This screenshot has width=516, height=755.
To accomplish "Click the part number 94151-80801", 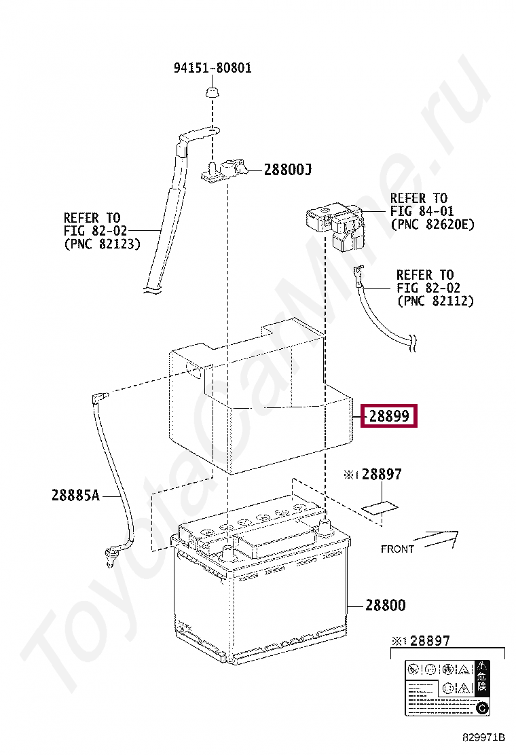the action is (x=213, y=68).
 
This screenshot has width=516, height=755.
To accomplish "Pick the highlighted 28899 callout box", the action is (x=390, y=416).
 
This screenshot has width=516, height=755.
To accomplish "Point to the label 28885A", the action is (x=75, y=496).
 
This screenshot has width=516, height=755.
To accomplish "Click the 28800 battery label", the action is (x=385, y=605).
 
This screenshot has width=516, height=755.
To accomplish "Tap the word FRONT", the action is (x=397, y=549).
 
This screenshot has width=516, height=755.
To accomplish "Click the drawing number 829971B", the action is (x=485, y=737).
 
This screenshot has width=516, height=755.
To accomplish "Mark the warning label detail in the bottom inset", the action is (x=447, y=686).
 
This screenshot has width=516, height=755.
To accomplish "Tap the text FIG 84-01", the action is (x=422, y=211).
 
